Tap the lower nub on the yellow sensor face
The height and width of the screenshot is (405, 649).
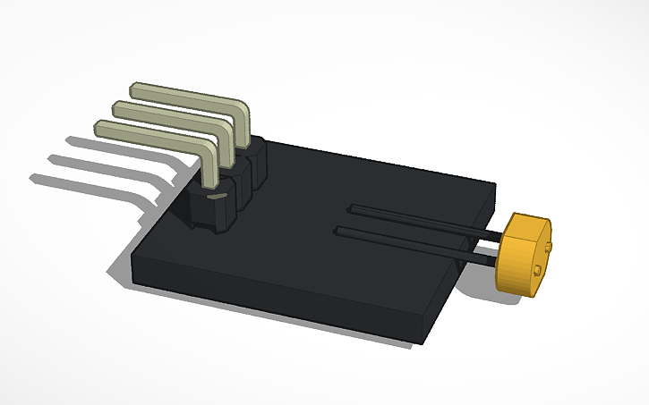click(535, 270)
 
